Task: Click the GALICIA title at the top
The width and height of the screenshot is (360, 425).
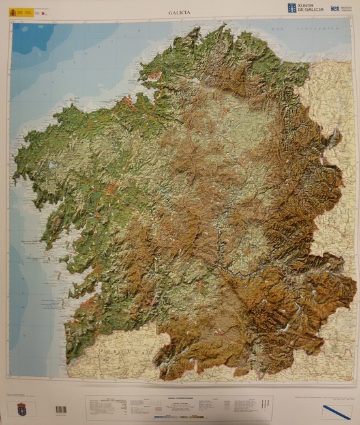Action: pos(179,12)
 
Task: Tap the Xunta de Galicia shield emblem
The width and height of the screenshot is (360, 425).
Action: pos(292,8)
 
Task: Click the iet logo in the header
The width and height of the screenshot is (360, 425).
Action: pos(335,8)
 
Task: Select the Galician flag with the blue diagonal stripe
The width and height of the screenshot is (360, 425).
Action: pos(336,411)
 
